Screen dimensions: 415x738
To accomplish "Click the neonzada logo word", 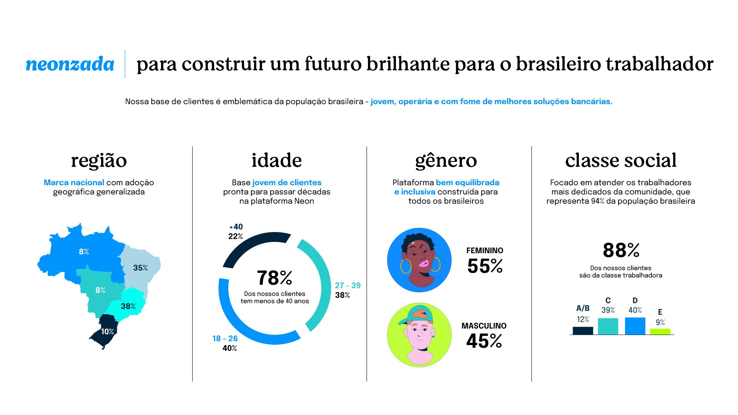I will coord(70,64).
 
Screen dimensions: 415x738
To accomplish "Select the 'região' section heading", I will coord(99,161).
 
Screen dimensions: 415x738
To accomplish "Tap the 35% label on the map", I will coord(140,268).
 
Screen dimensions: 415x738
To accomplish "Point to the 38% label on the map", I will coord(128,306).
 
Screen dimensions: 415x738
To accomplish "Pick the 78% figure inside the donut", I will coord(274,278).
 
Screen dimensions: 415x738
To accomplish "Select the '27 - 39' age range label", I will coord(347,286).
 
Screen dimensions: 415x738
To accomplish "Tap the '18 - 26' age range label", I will coord(225,339).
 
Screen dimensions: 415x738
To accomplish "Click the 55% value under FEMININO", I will coord(485,266).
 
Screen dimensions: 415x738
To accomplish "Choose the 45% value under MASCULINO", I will coord(484,341).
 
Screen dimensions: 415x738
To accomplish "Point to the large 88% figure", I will coord(621,251).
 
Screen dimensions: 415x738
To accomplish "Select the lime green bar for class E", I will coord(660,331).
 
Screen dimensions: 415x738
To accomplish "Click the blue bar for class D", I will coord(635,326).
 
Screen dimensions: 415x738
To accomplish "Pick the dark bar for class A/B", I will coord(583,330).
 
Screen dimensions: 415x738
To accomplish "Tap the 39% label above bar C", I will coord(608,310).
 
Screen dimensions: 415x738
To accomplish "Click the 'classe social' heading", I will coord(621,161).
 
